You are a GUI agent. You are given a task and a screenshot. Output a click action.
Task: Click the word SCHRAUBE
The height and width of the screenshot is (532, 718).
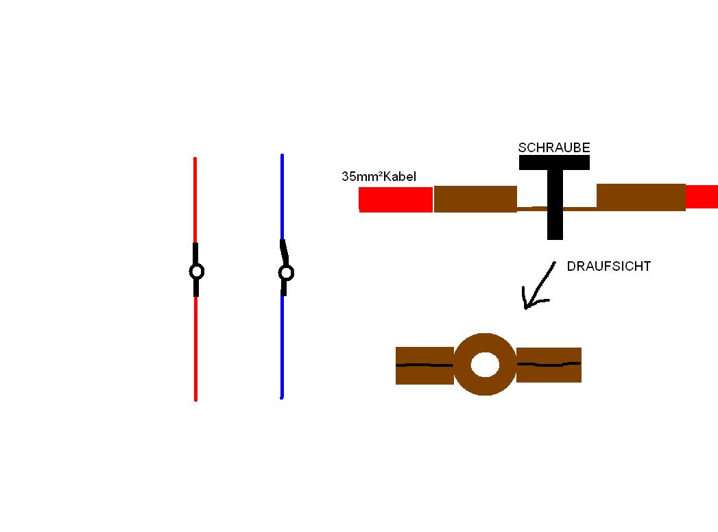554,147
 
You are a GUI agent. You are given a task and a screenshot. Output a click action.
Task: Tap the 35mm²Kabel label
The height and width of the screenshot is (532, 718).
379,177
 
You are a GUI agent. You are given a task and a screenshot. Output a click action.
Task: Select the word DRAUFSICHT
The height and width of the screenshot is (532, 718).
608,267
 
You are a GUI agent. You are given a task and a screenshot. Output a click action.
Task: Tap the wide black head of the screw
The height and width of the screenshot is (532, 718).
554,162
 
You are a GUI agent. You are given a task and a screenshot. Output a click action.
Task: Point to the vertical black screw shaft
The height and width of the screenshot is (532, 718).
555,219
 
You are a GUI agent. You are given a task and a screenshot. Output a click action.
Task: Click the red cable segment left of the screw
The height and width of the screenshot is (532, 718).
396,199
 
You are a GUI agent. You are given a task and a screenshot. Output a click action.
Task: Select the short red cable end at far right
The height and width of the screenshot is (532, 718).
702,197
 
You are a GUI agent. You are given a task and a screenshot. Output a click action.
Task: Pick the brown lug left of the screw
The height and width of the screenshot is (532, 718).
475,199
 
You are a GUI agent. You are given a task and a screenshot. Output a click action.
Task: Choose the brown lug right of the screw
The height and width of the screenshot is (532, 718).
641,197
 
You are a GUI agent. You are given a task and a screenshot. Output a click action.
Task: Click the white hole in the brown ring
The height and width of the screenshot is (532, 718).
485,365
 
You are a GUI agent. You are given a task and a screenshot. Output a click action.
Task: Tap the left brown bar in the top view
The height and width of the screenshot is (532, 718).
424,365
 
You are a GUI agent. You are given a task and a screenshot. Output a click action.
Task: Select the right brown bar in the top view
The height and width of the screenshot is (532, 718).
549,365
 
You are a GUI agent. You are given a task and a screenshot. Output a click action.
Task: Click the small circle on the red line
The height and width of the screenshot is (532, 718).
196,272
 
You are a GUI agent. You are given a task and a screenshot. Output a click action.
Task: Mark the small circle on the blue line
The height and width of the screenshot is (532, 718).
286,273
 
